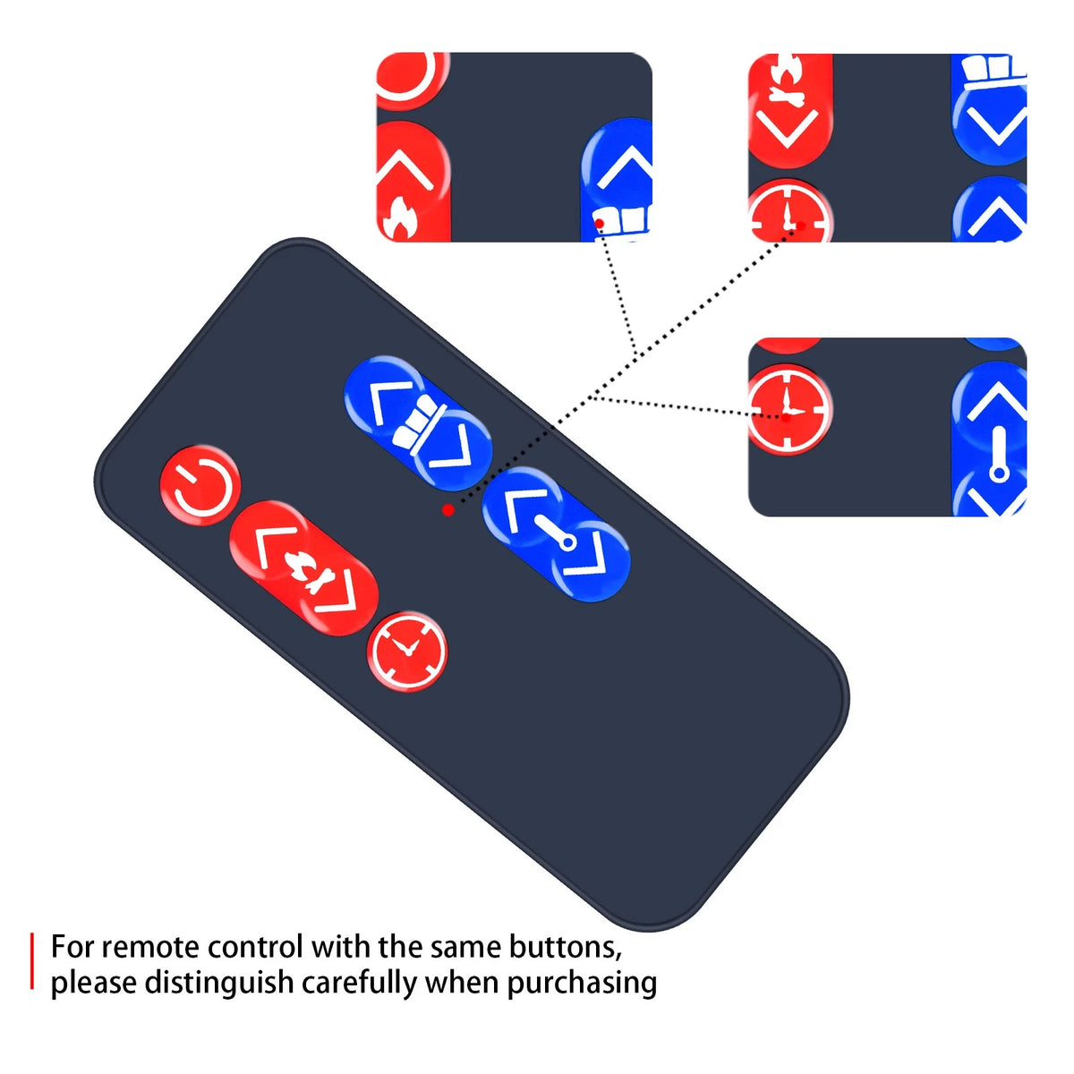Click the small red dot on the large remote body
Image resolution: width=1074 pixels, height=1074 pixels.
coord(447,509)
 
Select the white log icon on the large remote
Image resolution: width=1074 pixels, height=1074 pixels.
coord(418,422)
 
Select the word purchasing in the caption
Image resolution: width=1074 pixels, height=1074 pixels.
coord(582,983)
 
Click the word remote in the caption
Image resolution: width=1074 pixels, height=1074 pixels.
coord(150,948)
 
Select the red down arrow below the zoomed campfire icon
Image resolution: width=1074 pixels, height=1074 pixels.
coord(787,129)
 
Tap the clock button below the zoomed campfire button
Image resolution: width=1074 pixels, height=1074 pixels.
coord(789,212)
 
